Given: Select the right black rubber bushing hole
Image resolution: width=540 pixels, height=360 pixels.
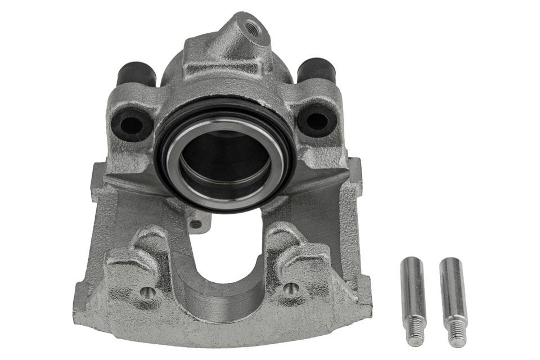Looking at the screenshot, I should click(317, 119).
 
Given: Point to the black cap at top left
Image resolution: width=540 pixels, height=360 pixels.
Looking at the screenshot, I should click(137, 74).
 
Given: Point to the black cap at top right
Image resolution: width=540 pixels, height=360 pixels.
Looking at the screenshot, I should click(316, 70).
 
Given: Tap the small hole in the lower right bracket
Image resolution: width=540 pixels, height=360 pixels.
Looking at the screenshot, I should click(291, 289).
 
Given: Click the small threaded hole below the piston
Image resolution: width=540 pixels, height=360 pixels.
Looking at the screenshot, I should click(196, 224).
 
